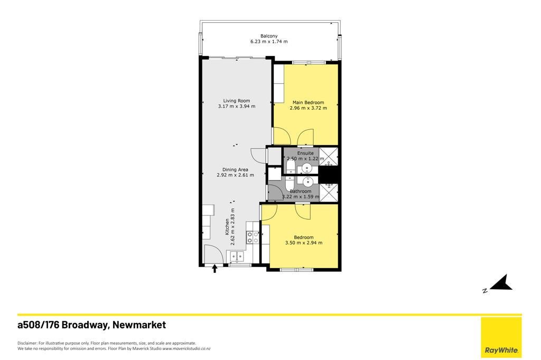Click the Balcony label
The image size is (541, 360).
point(269,36)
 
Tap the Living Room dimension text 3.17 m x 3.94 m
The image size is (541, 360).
point(237,106)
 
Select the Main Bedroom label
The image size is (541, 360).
point(308,102)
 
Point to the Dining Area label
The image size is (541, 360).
point(235,169)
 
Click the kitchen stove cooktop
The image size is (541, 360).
point(252,237)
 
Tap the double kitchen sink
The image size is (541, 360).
point(236,256)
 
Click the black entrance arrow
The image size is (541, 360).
point(214,268)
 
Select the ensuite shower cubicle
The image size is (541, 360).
point(328,156)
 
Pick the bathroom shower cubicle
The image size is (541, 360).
point(329,193)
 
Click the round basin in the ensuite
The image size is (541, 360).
point(306,168)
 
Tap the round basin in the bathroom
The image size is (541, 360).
point(307,181)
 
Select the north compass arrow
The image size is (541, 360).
point(502,283)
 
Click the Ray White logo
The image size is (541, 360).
point(501,337)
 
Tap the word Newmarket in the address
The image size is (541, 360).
point(139,325)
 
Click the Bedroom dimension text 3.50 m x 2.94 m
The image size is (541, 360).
point(304,243)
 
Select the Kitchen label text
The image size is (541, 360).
point(227,226)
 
